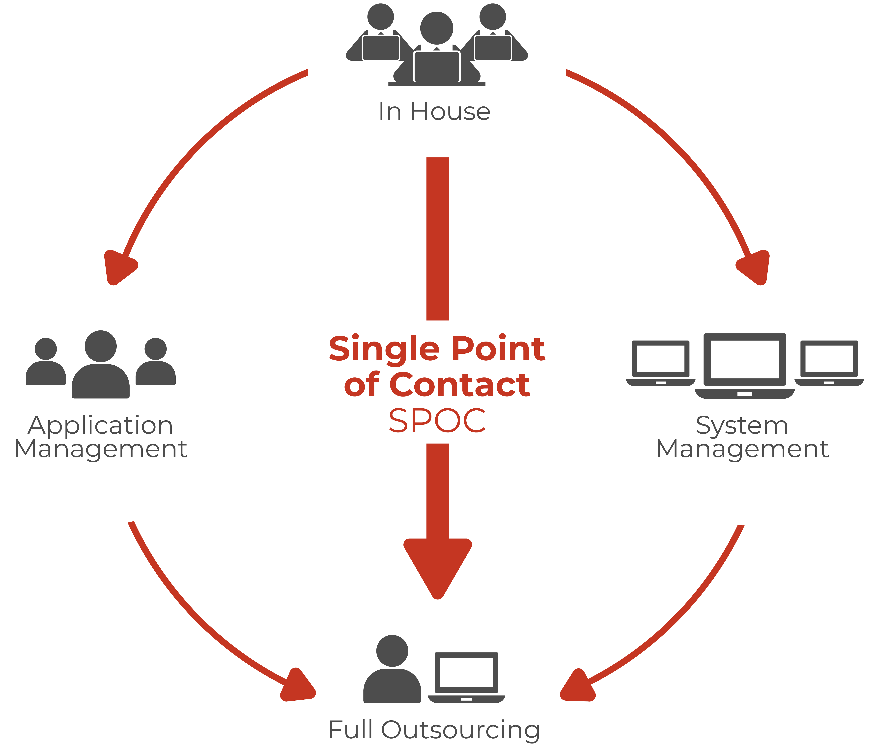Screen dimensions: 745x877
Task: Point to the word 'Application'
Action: click(101, 426)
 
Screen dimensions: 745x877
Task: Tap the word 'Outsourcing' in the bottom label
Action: click(461, 730)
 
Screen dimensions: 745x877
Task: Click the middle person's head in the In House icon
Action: click(437, 28)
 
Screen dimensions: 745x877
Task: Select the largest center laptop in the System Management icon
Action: click(745, 365)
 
